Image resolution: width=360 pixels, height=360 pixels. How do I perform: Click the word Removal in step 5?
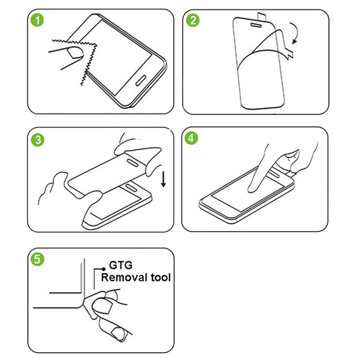pos(123,277)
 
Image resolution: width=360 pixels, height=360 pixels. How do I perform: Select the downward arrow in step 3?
pos(163,180)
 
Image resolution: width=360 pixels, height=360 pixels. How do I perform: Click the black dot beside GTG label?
pos(102,270)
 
